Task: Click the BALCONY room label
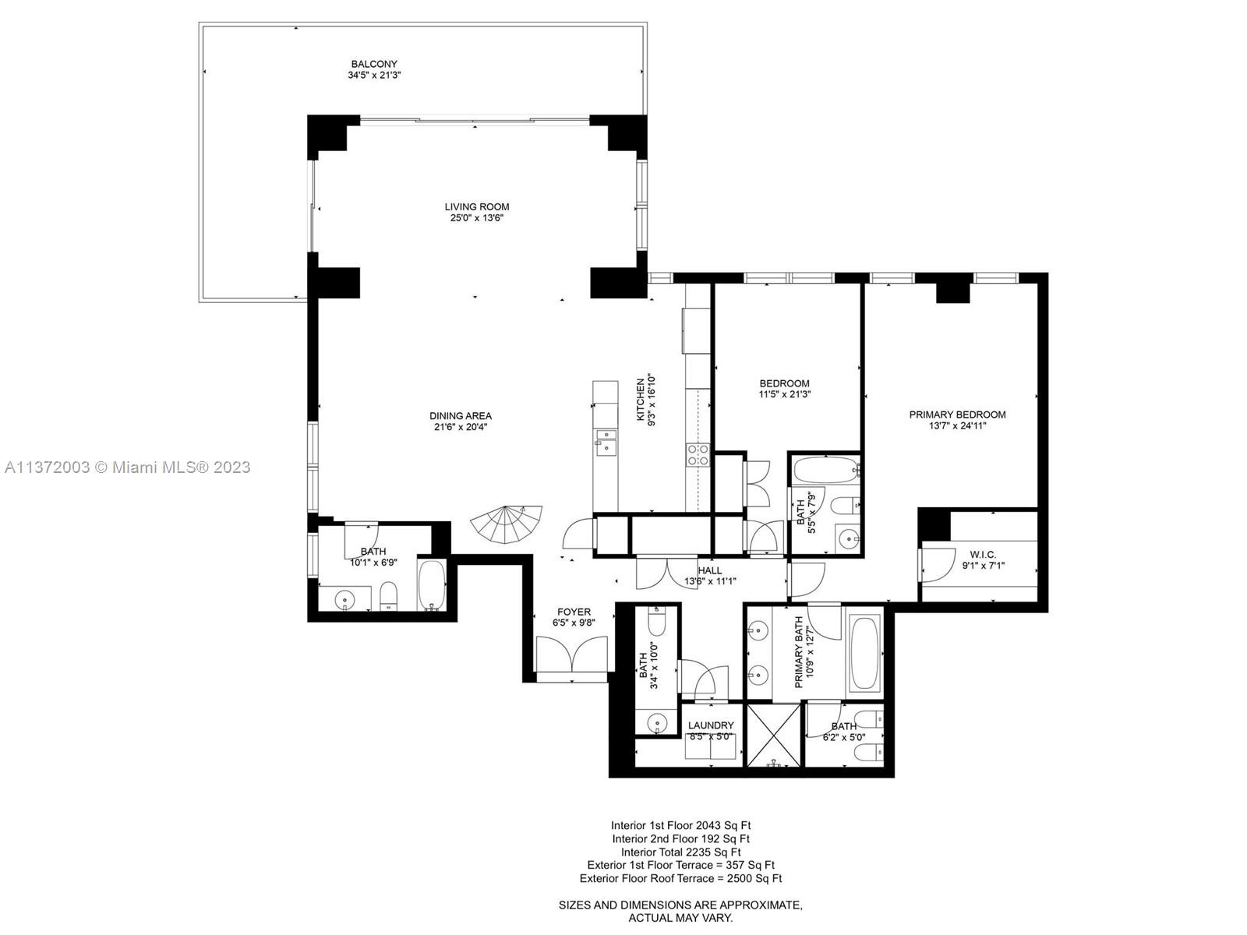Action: pos(374,65)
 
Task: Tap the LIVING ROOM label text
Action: pos(477,207)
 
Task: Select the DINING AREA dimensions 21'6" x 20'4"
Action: pos(461,427)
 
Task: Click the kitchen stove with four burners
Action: pos(698,454)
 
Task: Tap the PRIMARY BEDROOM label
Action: pos(957,415)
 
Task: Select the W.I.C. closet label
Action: pos(983,555)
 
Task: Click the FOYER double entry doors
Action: pos(571,655)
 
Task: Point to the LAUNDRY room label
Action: pos(711,725)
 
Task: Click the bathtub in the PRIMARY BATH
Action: pos(864,653)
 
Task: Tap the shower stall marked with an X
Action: pos(773,735)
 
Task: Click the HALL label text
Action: pos(709,570)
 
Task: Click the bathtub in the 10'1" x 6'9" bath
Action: pos(431,584)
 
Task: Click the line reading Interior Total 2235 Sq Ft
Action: pos(680,852)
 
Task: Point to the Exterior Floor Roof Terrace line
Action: pos(680,879)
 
